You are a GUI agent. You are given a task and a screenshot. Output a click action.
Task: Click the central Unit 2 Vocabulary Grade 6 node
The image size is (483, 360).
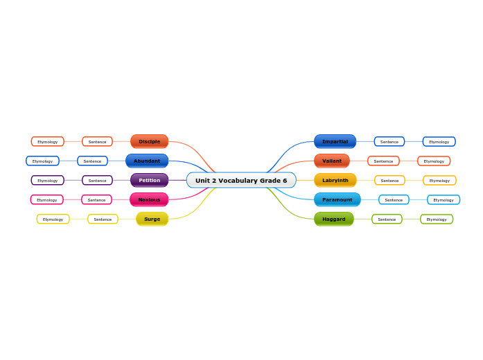coord(241,181)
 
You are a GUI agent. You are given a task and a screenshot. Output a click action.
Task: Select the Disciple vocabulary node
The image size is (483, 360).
coord(149,142)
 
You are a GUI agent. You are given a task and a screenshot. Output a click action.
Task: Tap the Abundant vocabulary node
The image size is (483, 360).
coord(147,161)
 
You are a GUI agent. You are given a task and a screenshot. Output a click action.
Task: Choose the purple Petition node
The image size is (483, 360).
coord(149,181)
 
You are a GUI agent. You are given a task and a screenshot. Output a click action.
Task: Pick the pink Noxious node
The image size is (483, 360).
coord(149,200)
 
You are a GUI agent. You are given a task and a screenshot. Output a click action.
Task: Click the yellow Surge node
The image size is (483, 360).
coord(152,219)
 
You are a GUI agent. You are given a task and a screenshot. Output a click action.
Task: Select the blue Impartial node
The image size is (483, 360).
coord(335,142)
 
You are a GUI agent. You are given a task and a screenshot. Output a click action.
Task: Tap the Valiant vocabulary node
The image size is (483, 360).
coord(332,161)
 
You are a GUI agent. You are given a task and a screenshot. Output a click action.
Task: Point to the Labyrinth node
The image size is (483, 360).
coord(335,181)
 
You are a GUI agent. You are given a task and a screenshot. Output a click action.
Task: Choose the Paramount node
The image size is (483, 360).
coord(337,200)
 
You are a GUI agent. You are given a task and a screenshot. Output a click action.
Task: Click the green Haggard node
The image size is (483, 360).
coord(334,219)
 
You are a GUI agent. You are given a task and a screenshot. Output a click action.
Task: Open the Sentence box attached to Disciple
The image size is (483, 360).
coord(97,142)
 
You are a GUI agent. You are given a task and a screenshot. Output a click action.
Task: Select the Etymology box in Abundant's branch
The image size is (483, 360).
coord(42,161)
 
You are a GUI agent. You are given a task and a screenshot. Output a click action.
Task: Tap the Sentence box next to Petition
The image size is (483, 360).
coord(97,181)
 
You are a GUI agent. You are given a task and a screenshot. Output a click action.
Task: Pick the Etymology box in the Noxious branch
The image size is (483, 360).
coord(47,200)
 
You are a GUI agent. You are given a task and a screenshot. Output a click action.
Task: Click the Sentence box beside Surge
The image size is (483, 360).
coord(103,219)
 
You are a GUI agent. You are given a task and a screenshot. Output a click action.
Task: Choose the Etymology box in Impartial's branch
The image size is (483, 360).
coord(439,142)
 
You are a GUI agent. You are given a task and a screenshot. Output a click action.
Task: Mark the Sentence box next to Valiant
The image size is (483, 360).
coord(383,161)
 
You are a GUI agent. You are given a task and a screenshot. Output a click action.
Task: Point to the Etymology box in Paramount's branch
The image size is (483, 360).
coord(444,200)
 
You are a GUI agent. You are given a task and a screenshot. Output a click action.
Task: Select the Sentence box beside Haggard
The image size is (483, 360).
coord(387,219)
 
